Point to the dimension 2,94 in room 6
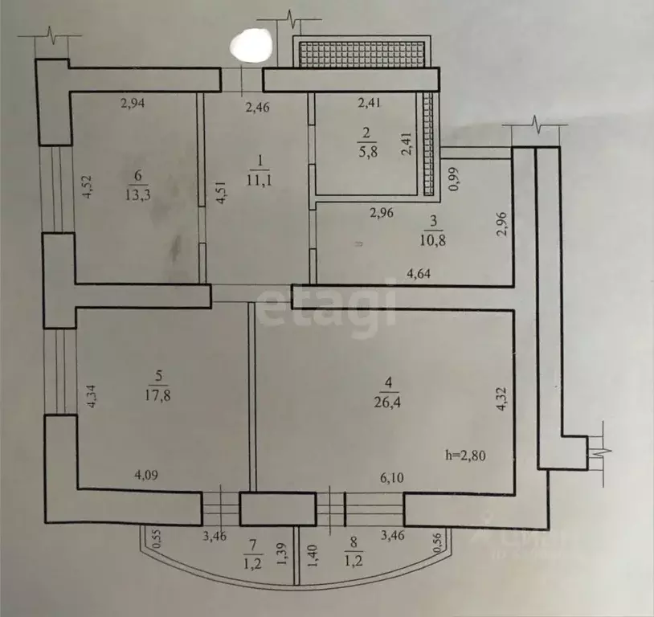click(134, 102)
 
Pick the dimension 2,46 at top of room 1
click(256, 105)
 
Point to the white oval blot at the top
click(250, 44)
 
